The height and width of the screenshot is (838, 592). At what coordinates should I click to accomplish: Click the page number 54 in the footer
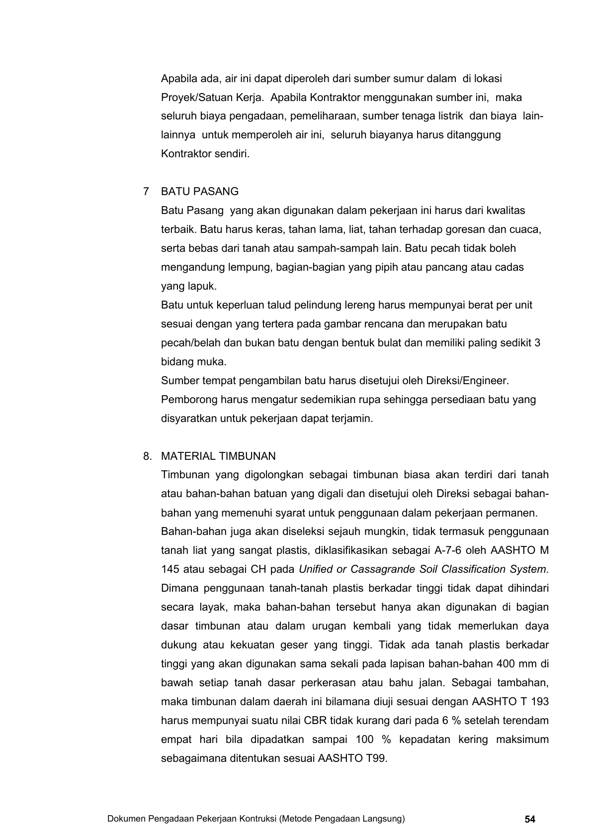pyautogui.click(x=530, y=819)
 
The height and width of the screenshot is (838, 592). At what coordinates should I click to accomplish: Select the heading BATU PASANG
pyautogui.click(x=200, y=192)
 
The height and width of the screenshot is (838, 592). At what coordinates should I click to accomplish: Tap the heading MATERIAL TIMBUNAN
pyautogui.click(x=218, y=456)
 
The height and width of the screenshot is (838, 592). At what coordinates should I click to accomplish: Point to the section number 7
pyautogui.click(x=146, y=192)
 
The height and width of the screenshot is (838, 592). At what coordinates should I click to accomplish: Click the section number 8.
pyautogui.click(x=147, y=456)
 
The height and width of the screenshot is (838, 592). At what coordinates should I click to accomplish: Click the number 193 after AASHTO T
pyautogui.click(x=540, y=702)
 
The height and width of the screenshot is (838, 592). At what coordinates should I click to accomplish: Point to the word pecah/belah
pyautogui.click(x=190, y=343)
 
